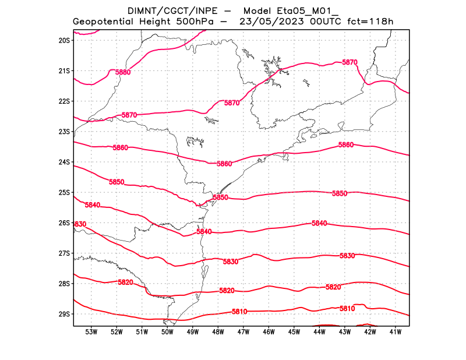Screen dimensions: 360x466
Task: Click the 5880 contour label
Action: [x=123, y=72]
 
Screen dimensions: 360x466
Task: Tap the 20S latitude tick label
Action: [x=64, y=40]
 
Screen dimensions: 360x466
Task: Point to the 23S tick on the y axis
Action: [x=64, y=132]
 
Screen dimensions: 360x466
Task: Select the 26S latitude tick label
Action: [x=64, y=223]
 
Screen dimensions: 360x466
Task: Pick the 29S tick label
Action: [x=64, y=314]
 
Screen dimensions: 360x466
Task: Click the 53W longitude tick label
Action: [x=91, y=332]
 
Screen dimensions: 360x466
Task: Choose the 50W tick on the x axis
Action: [x=168, y=332]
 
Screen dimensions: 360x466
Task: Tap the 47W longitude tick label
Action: [x=243, y=332]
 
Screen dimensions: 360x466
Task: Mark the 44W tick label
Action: [x=319, y=332]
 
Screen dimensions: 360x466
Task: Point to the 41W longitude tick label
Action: [x=396, y=332]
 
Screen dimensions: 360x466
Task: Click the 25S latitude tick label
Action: [x=64, y=192]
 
